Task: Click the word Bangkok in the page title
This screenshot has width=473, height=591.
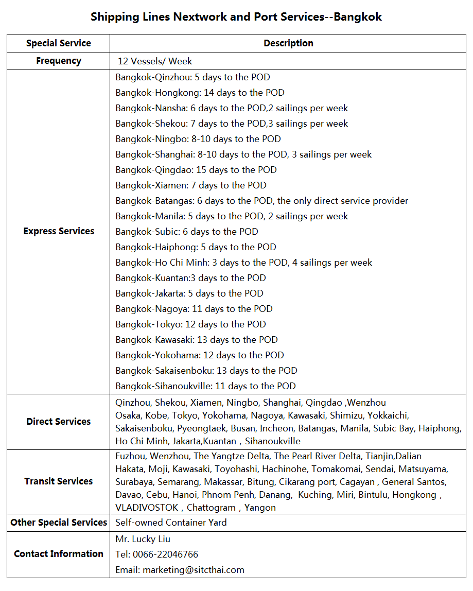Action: pyautogui.click(x=358, y=17)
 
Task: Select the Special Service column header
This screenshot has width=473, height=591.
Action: pyautogui.click(x=59, y=43)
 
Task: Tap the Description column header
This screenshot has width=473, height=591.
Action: pyautogui.click(x=288, y=43)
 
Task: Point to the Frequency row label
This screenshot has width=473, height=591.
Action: pyautogui.click(x=59, y=61)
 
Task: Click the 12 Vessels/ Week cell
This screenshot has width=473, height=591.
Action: pyautogui.click(x=155, y=61)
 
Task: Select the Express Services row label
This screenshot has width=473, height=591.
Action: pyautogui.click(x=59, y=231)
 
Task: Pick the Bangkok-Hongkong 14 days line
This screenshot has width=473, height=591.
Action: pyautogui.click(x=200, y=93)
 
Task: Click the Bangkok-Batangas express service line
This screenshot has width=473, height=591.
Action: pyautogui.click(x=261, y=201)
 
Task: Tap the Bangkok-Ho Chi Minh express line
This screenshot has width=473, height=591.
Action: pyautogui.click(x=243, y=263)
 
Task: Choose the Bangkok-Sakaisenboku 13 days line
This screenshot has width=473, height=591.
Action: pyautogui.click(x=206, y=371)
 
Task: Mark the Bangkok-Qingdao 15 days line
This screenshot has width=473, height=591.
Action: pyautogui.click(x=196, y=170)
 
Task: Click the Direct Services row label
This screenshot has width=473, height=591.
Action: pyautogui.click(x=59, y=422)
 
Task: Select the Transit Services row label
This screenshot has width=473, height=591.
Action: pyautogui.click(x=59, y=481)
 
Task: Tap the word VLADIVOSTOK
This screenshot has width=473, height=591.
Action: pyautogui.click(x=147, y=508)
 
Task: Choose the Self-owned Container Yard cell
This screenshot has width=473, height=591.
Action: pyautogui.click(x=171, y=523)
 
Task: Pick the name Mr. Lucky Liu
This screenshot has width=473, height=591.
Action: pyautogui.click(x=143, y=539)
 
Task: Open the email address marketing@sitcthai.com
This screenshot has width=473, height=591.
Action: pyautogui.click(x=193, y=570)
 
